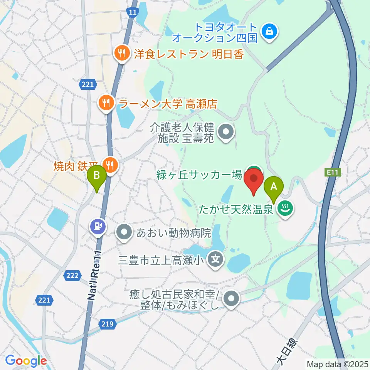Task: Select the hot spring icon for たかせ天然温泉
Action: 286,209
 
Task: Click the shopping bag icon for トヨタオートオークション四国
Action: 269,32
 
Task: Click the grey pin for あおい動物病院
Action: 124,232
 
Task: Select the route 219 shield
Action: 109,324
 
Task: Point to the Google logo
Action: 26,361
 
